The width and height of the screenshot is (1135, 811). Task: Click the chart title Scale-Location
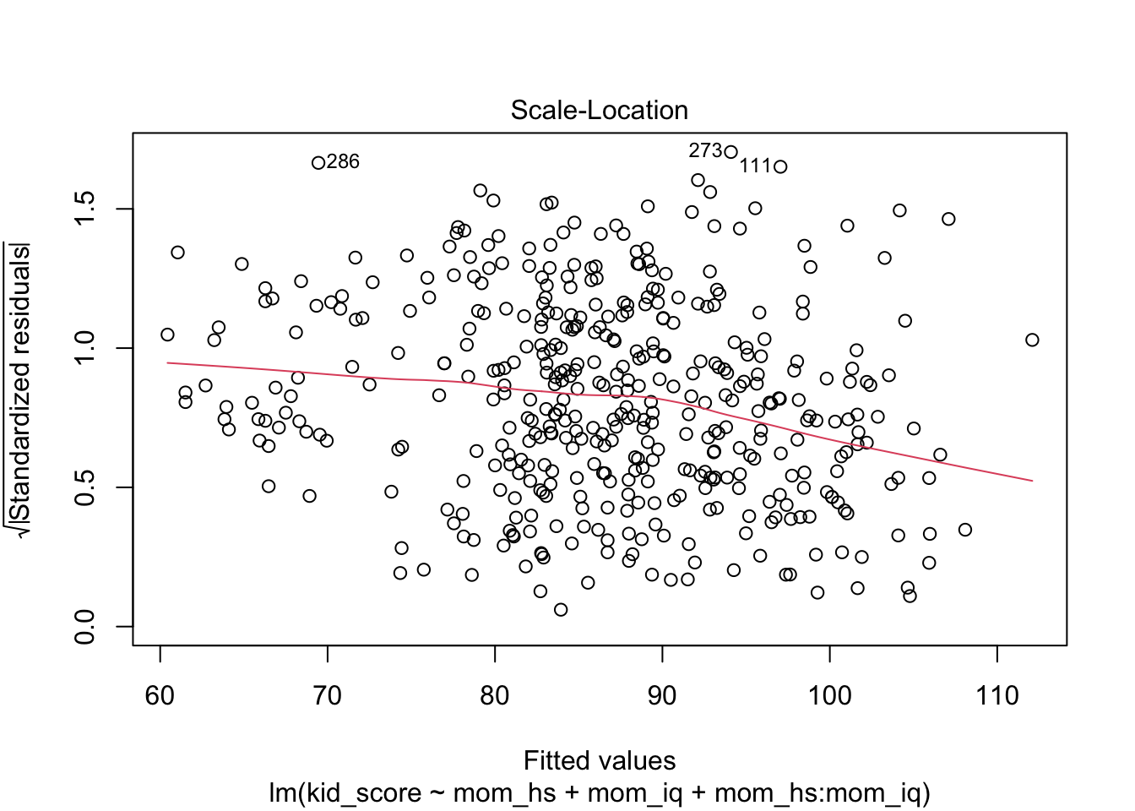coord(599,111)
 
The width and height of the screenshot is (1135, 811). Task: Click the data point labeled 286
coord(318,163)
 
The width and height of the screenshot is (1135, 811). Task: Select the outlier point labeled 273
coord(730,152)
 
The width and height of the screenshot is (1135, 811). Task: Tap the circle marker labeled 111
coord(780,166)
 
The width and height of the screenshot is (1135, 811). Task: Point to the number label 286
coord(343,162)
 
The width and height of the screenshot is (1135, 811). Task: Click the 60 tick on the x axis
coord(160,696)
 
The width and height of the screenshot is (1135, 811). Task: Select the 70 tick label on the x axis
coord(327,696)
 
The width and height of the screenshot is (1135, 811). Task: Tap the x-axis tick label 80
coord(495,696)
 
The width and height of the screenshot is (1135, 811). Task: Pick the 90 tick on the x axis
coord(662,696)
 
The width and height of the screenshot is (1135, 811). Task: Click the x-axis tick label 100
coord(829,696)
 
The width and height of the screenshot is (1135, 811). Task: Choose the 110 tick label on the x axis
coord(997,696)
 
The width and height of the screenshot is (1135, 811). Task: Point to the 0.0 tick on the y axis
coord(85,627)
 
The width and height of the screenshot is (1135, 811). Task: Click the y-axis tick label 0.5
coord(85,487)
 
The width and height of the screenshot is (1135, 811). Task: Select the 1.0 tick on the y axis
coord(85,348)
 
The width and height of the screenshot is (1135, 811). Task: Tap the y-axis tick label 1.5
coord(85,209)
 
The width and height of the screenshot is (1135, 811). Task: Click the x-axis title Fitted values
coord(599,761)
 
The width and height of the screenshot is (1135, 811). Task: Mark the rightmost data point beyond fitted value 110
coord(1031,340)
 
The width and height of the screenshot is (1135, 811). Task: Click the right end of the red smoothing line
coord(1031,481)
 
